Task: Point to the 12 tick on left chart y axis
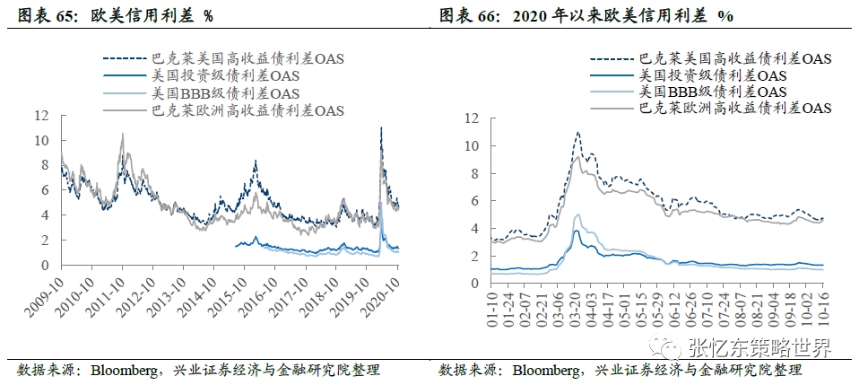tap(40, 116)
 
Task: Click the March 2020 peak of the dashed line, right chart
tap(577, 133)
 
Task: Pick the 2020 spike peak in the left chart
tap(382, 128)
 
